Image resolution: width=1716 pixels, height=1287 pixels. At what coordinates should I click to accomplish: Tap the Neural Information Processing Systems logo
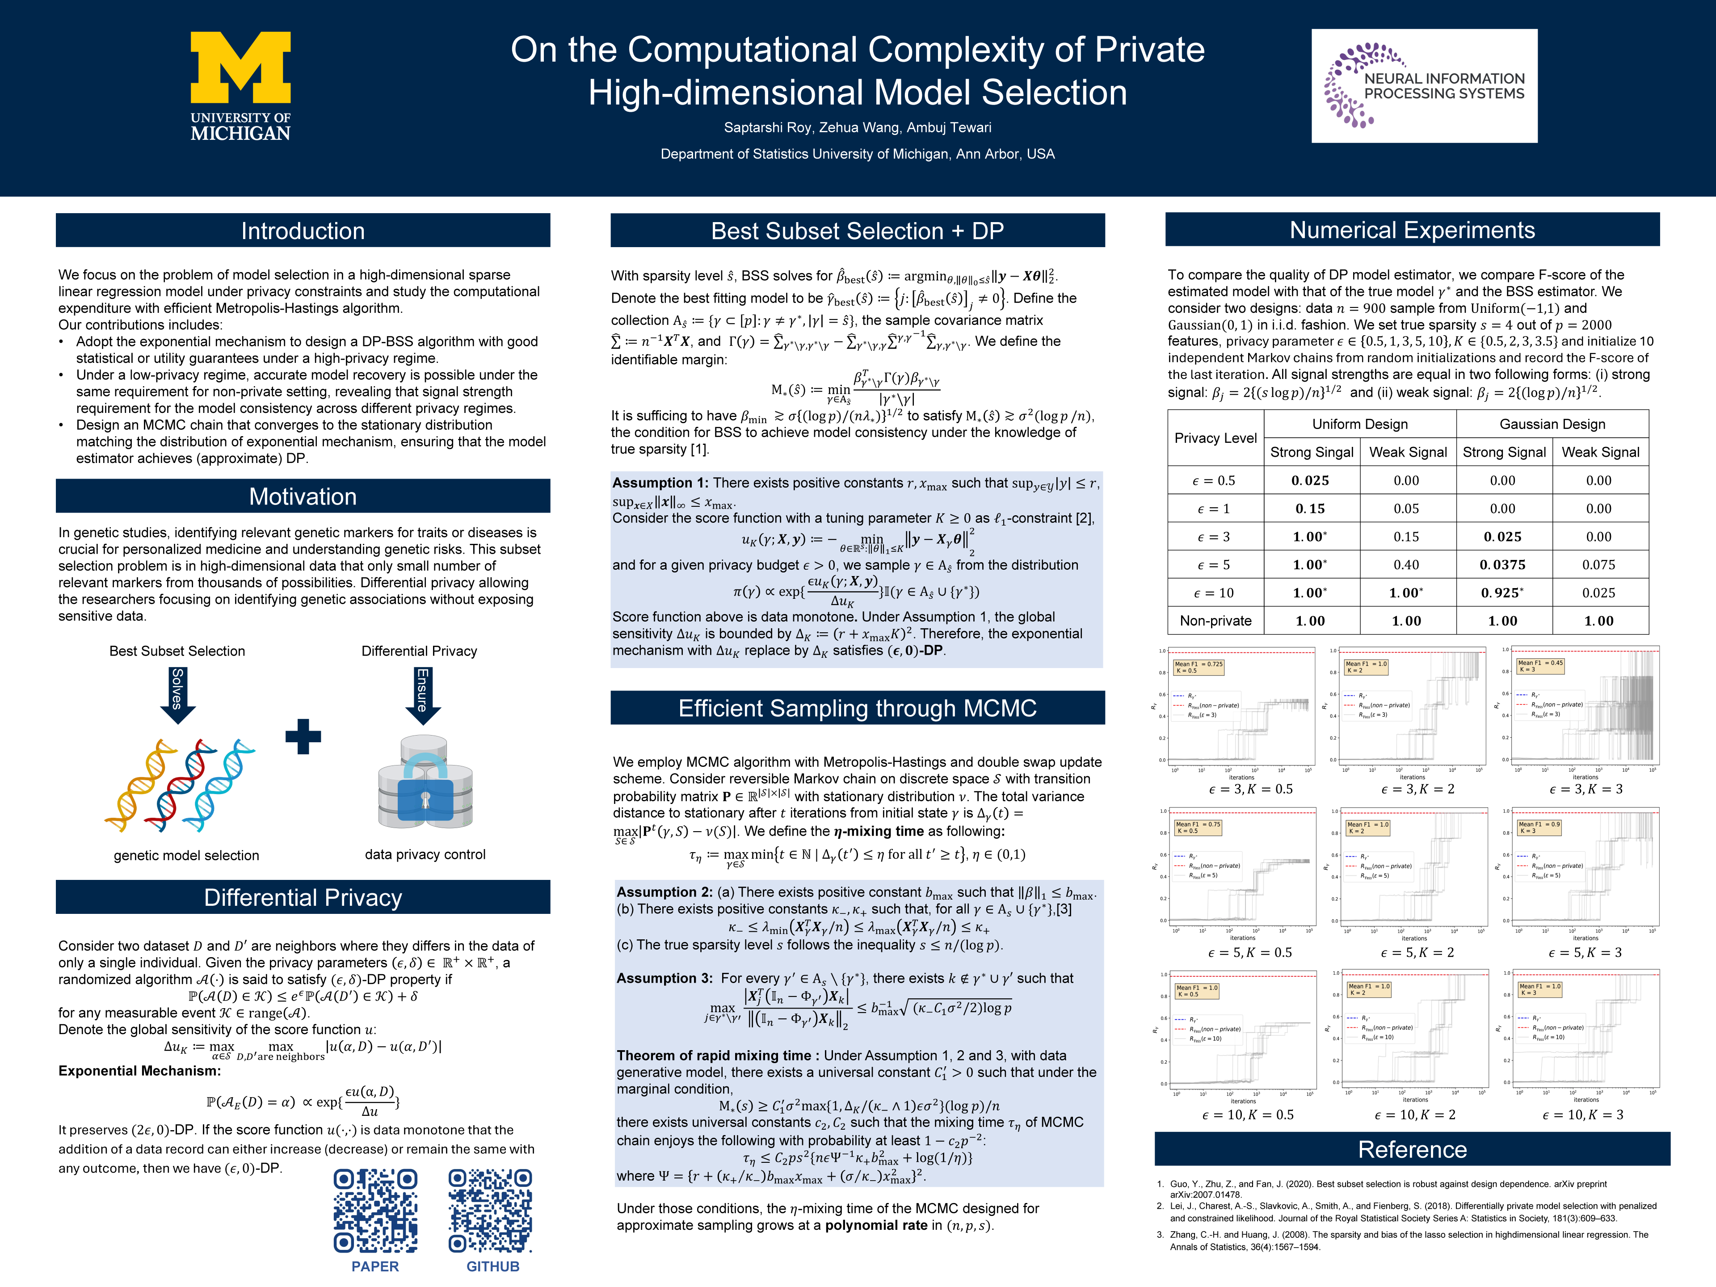coord(1424,86)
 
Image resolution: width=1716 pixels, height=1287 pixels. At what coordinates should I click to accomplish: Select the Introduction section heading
coord(303,231)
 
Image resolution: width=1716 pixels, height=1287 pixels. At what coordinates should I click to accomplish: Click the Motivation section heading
coord(303,496)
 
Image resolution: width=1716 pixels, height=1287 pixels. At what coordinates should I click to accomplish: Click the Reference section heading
coord(1412,1149)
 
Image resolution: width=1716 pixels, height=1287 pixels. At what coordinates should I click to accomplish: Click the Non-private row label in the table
coord(1215,621)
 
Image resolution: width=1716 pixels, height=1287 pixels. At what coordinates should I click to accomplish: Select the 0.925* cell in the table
coord(1503,593)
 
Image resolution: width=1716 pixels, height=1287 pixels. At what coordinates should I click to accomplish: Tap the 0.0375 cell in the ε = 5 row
coord(1503,565)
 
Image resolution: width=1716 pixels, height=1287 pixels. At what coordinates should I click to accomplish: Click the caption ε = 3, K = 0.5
coord(1250,789)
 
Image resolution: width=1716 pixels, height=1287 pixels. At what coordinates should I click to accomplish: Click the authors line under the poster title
coord(857,127)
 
